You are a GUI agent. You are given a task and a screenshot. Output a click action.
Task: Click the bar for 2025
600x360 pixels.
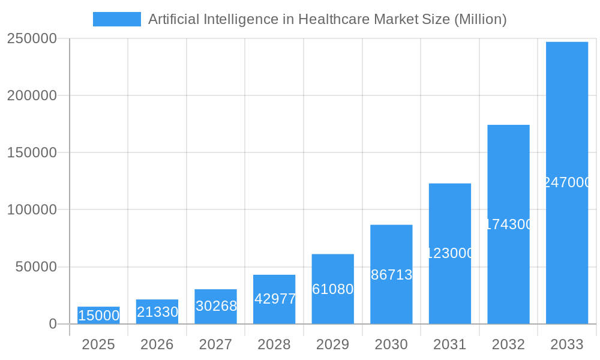click(x=98, y=316)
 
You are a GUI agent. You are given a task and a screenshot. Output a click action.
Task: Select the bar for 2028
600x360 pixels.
click(x=274, y=299)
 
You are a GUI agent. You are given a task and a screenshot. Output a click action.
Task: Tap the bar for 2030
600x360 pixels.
click(x=391, y=274)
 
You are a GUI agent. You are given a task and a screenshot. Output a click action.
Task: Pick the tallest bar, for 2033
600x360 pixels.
click(x=567, y=183)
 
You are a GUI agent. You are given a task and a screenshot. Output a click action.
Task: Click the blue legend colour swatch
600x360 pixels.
click(x=116, y=19)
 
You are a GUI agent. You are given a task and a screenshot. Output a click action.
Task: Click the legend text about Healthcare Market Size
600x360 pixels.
click(x=327, y=19)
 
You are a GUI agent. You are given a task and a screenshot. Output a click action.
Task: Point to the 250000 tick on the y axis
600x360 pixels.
click(x=32, y=38)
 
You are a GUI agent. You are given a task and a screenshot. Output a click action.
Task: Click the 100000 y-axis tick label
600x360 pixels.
click(x=32, y=210)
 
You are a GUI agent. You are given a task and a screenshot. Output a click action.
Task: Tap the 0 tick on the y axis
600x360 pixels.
click(x=52, y=324)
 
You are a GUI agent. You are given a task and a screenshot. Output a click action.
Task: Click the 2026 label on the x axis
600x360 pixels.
click(x=157, y=344)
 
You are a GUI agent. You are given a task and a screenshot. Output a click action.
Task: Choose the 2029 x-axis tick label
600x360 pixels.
click(x=333, y=344)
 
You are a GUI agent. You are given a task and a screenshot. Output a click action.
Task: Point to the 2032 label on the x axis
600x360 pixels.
click(x=508, y=344)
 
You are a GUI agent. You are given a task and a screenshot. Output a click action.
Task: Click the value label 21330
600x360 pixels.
click(x=157, y=312)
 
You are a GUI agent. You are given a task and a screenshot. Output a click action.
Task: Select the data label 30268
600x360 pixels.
click(x=216, y=306)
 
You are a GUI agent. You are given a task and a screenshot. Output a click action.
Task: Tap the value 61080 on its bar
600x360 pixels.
click(x=333, y=289)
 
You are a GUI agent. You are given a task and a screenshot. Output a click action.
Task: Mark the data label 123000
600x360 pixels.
click(x=450, y=253)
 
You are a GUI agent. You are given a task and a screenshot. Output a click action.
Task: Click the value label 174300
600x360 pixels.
click(x=508, y=224)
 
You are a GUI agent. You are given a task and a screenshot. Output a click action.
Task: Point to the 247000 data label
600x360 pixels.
click(x=567, y=182)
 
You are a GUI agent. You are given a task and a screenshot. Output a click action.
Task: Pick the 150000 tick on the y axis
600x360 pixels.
click(x=32, y=152)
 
